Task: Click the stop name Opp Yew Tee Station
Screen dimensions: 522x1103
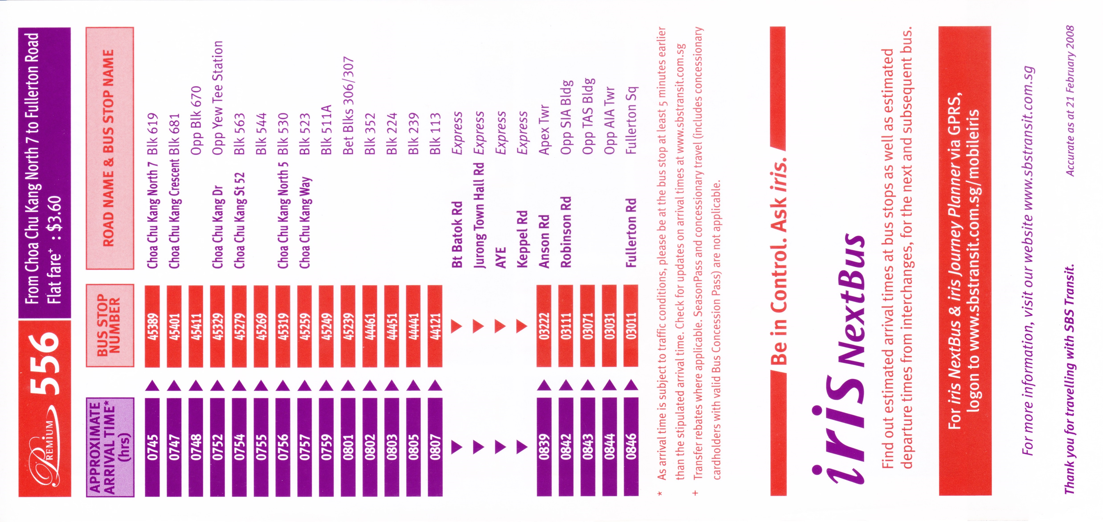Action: (x=218, y=98)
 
